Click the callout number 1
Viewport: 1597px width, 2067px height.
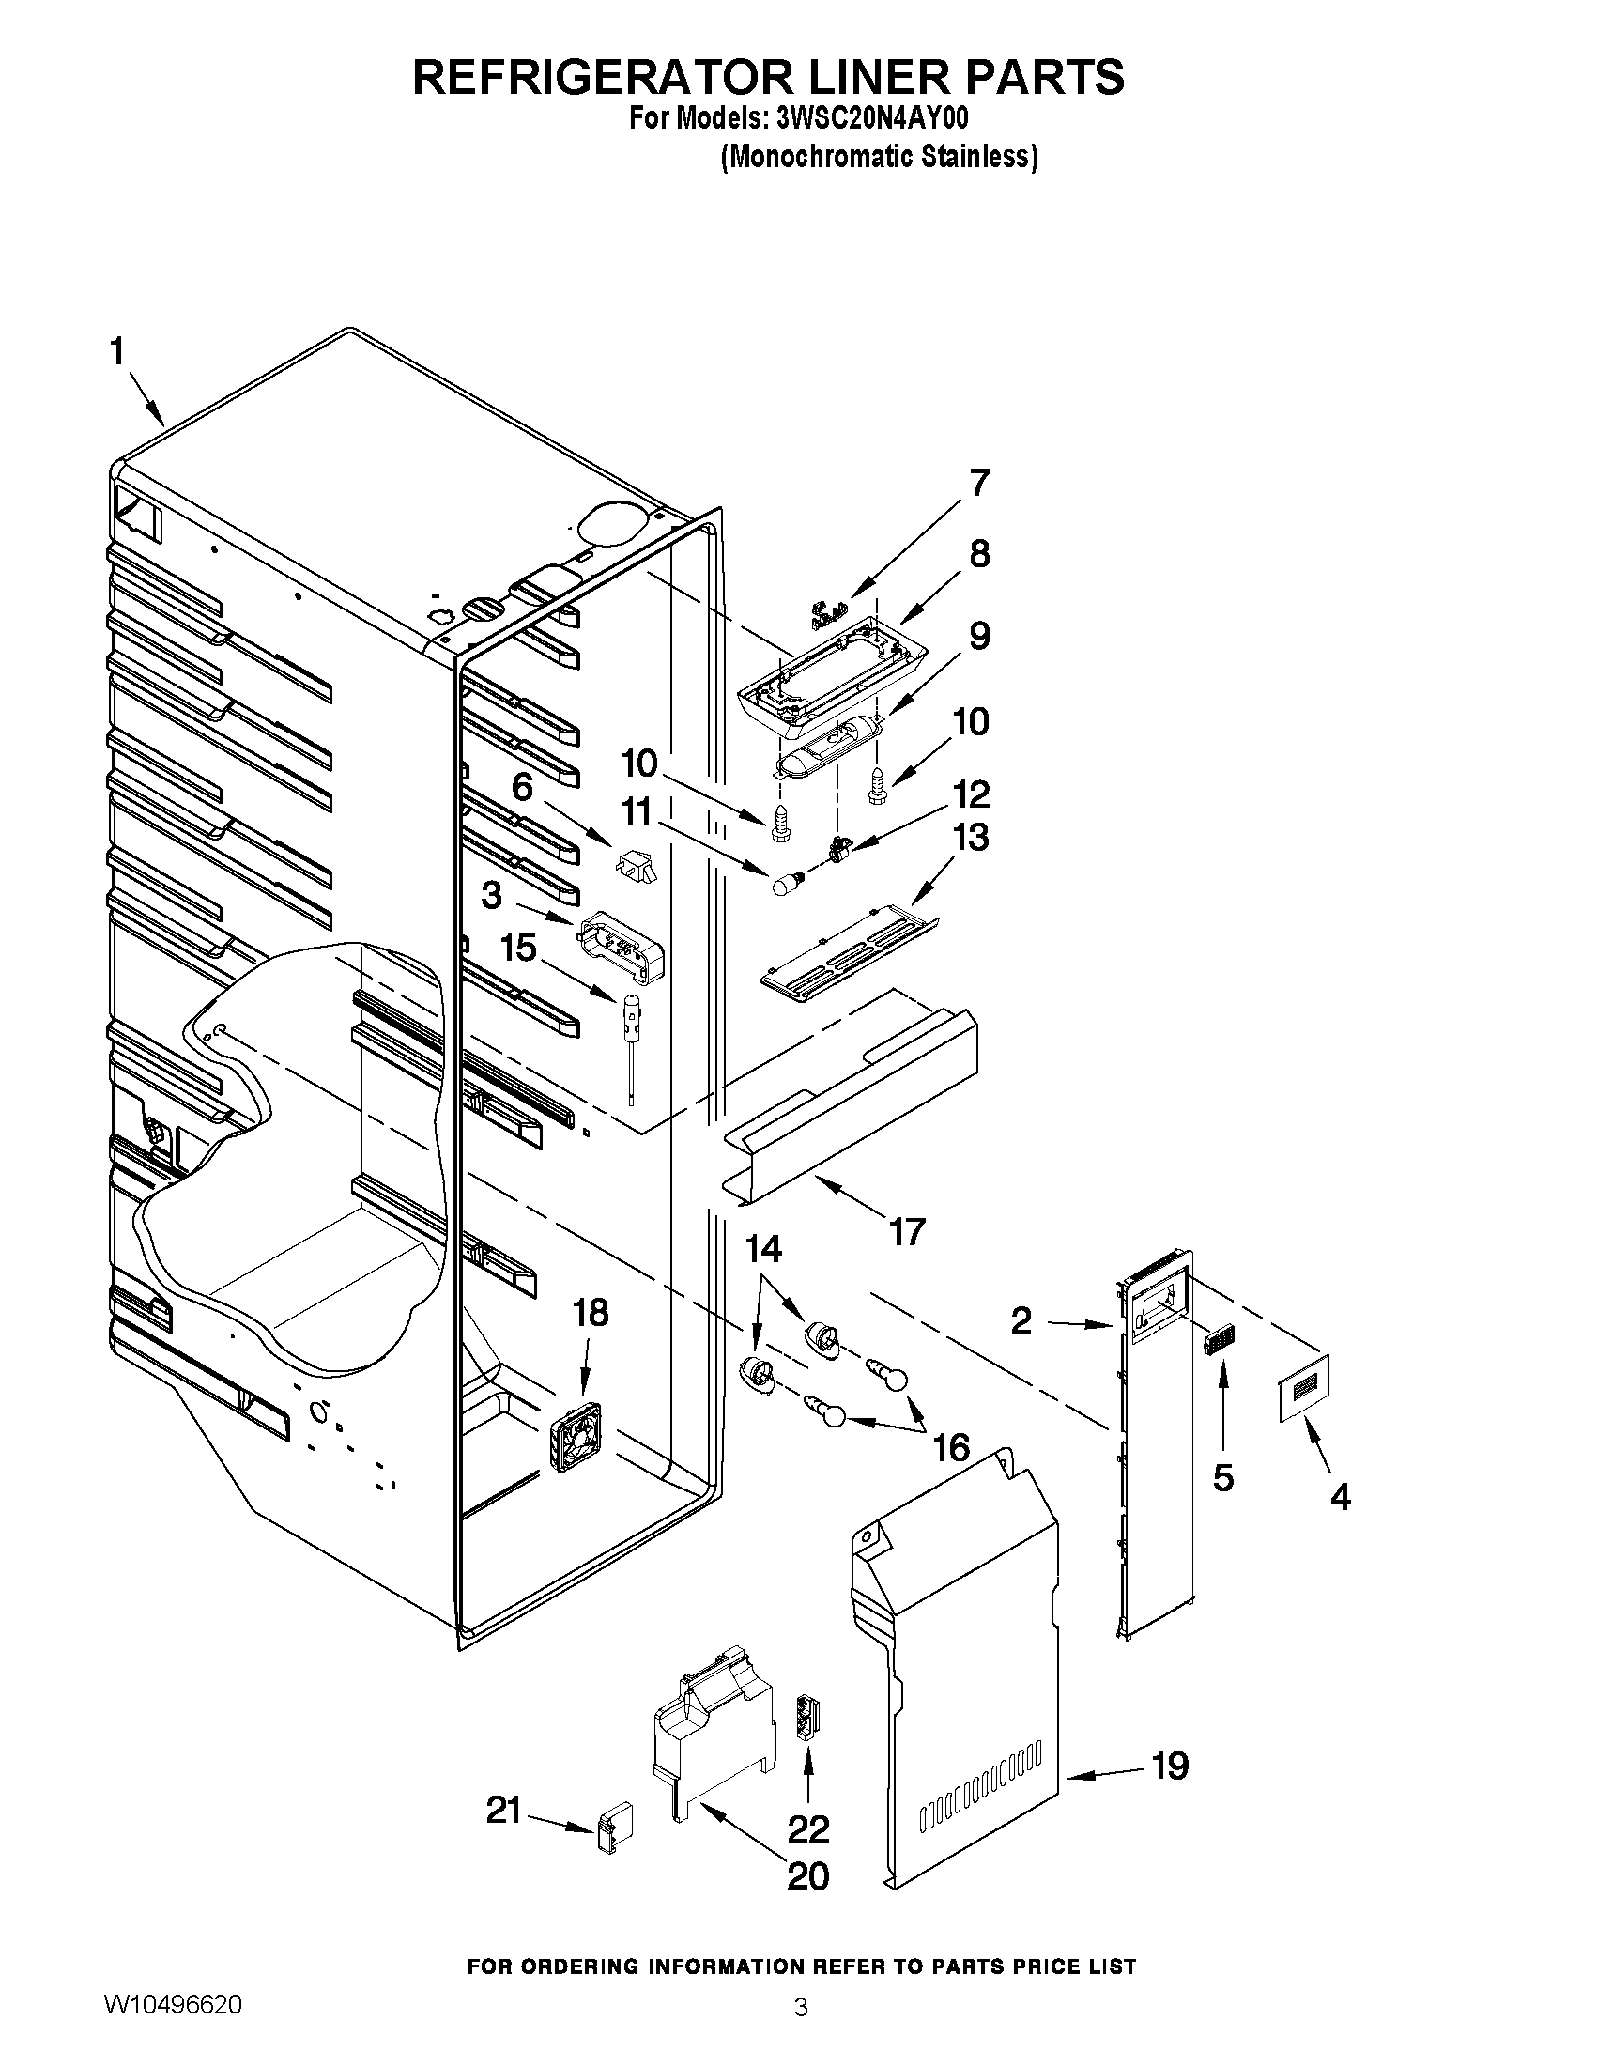pos(116,352)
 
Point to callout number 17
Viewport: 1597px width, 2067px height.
pos(905,1231)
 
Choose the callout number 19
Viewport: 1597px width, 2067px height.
pos(1170,1765)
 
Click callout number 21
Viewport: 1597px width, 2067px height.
pos(504,1811)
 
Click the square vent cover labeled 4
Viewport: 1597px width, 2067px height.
pos(1304,1386)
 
